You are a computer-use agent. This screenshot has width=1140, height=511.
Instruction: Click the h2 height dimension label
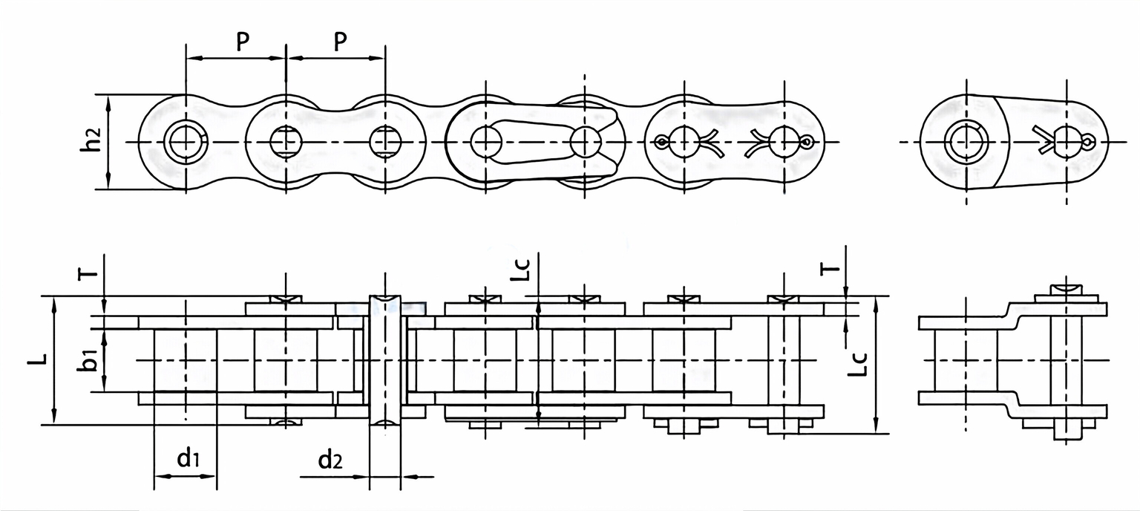coord(91,141)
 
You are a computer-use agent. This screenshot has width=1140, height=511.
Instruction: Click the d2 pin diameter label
coord(330,460)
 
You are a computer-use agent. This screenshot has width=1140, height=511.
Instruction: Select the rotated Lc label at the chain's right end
coord(859,363)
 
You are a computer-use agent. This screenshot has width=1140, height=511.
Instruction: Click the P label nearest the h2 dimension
coord(243,42)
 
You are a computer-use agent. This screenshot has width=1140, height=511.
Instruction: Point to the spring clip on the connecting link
coord(549,141)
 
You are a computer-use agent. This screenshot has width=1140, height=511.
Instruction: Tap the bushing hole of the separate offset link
coord(966,141)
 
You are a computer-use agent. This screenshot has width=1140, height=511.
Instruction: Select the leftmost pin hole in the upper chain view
coord(183,141)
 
